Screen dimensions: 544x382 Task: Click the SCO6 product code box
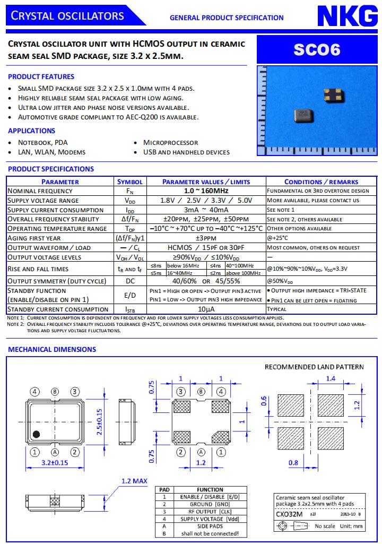pyautogui.click(x=317, y=50)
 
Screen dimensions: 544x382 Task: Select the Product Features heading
pyautogui.click(x=41, y=76)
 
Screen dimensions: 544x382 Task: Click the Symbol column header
pyautogui.click(x=130, y=182)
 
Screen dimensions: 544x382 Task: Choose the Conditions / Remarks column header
pyautogui.click(x=321, y=182)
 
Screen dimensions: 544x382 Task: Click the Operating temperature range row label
pyautogui.click(x=57, y=229)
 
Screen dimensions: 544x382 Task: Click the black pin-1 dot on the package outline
pyautogui.click(x=36, y=434)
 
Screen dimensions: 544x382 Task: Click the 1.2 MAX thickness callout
pyautogui.click(x=134, y=481)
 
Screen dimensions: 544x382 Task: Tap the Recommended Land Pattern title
pyautogui.click(x=314, y=367)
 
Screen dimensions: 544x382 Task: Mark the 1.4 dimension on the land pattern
pyautogui.click(x=330, y=378)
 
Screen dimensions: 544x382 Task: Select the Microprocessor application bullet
pyautogui.click(x=170, y=142)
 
